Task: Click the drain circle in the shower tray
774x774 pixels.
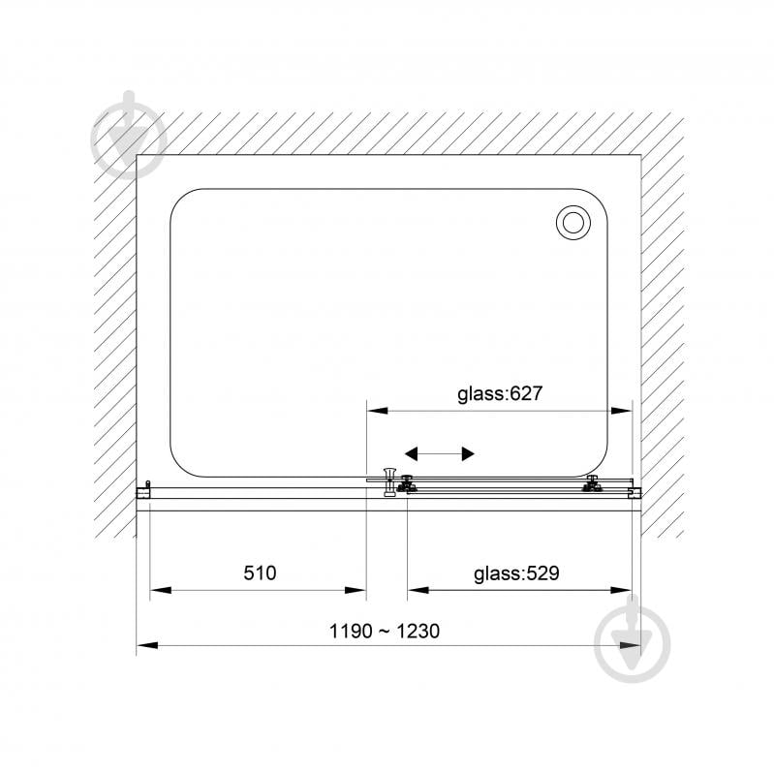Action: click(x=573, y=222)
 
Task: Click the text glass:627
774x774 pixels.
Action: click(x=500, y=393)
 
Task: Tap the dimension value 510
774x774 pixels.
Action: click(x=260, y=573)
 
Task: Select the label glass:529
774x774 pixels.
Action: click(x=516, y=573)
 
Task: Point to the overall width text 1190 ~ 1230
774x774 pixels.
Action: click(x=384, y=631)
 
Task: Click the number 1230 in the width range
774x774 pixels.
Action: click(x=418, y=631)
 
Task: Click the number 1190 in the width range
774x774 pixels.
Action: click(x=351, y=631)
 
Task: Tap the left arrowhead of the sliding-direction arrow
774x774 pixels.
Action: click(x=411, y=453)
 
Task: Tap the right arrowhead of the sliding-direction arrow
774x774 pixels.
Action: click(x=468, y=453)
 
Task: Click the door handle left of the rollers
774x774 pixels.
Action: click(x=389, y=481)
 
